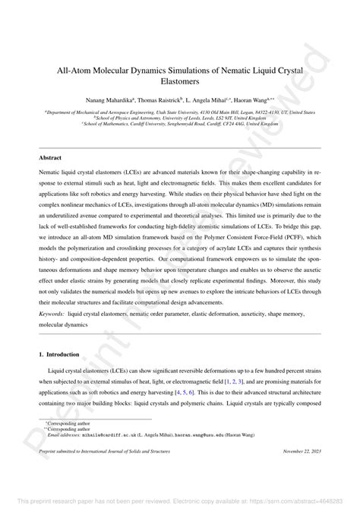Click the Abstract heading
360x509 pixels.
(x=51, y=157)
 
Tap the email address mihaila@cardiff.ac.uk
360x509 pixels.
(x=105, y=435)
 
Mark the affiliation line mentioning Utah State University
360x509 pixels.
(x=180, y=112)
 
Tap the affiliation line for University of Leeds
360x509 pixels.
(x=180, y=118)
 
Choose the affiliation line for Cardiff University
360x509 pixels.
(x=180, y=125)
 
